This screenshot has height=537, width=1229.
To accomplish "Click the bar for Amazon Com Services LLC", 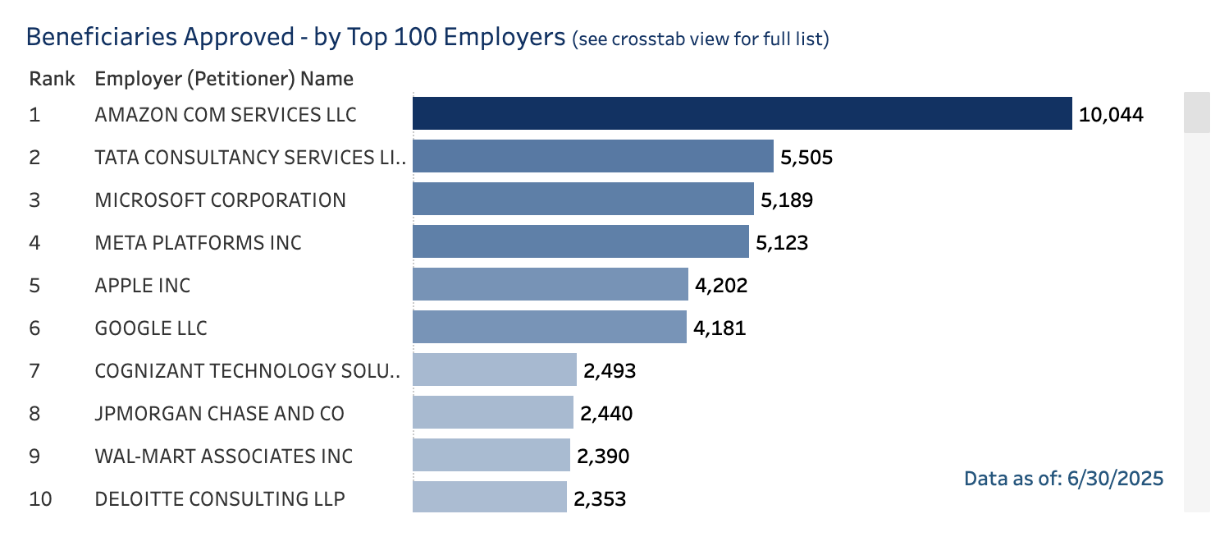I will [742, 113].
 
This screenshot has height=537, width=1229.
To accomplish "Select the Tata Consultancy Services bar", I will [592, 156].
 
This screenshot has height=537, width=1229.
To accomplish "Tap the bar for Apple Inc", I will [550, 285].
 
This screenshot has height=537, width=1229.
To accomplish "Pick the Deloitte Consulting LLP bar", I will [489, 498].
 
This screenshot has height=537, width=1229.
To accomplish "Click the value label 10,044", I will [1111, 114].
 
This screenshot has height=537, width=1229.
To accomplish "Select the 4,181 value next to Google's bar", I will [720, 328].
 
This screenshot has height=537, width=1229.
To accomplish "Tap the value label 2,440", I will [606, 413].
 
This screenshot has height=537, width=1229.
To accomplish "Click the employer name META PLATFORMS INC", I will [199, 242].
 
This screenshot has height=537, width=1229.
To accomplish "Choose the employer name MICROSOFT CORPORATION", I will [221, 200].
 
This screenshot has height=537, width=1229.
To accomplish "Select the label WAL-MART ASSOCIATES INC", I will [224, 456].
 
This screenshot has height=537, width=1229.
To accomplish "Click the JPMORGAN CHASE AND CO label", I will [220, 413].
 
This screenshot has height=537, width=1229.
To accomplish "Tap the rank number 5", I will [34, 285].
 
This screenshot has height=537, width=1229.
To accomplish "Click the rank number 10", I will [40, 498].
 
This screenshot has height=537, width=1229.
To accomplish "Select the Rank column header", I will [52, 79].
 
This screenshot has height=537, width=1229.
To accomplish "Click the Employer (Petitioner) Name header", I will [224, 79].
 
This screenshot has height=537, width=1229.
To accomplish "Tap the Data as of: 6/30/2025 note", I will [1063, 478].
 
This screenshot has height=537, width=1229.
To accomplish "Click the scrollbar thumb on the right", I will [1196, 112].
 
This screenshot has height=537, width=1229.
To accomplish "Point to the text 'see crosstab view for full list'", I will [700, 39].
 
